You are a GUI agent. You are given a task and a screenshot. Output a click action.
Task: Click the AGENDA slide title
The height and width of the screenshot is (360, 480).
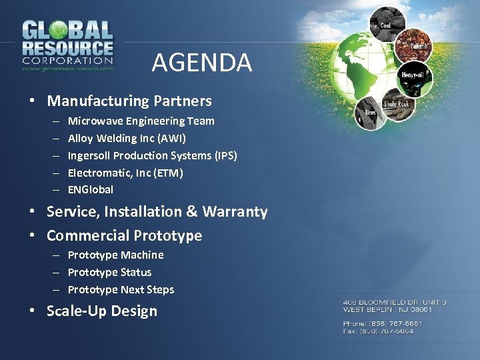pyautogui.click(x=201, y=63)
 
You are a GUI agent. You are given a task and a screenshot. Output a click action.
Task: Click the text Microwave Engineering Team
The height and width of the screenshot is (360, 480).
pyautogui.click(x=141, y=121)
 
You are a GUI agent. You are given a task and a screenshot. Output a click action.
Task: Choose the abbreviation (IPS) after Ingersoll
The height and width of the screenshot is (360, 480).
pyautogui.click(x=225, y=156)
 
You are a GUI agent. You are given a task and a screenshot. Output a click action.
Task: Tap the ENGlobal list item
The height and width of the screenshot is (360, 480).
pyautogui.click(x=91, y=190)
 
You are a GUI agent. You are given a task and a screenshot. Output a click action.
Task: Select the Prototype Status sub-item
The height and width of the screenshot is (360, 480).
pyautogui.click(x=109, y=273)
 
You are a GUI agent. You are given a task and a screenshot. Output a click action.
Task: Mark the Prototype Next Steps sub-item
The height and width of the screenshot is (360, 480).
pyautogui.click(x=121, y=290)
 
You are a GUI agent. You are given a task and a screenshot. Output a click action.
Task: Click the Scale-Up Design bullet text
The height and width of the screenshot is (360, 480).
pyautogui.click(x=102, y=311)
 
